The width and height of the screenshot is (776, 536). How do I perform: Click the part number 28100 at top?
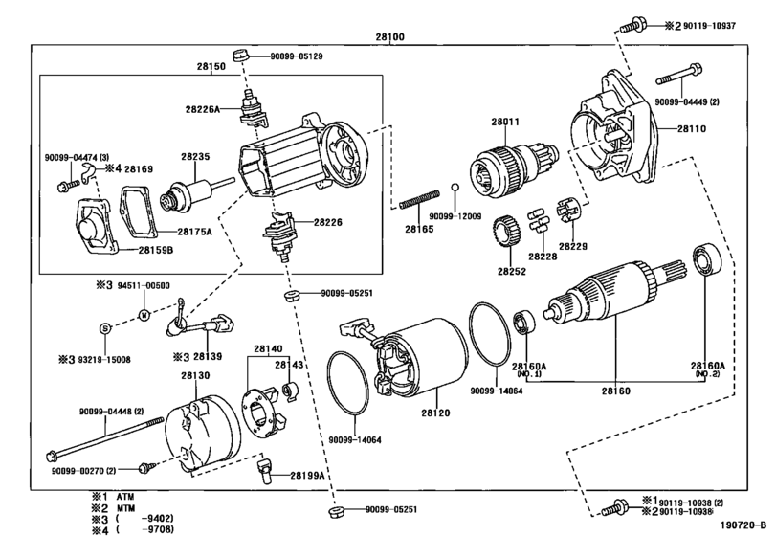point(389,36)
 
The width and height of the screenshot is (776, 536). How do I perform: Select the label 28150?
point(211,66)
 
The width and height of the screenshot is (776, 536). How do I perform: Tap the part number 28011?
point(505,122)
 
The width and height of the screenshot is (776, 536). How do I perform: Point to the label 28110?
point(692,128)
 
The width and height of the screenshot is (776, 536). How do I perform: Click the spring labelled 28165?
point(419,198)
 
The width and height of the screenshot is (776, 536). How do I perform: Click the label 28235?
point(195,156)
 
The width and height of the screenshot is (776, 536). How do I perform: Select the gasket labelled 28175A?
point(138,210)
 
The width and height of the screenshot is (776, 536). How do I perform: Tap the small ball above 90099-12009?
point(455,188)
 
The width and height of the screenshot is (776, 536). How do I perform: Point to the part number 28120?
point(436,413)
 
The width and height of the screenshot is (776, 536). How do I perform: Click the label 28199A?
point(307,476)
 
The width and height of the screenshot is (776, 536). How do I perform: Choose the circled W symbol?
point(144,315)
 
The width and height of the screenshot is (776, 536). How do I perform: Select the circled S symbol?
point(104,327)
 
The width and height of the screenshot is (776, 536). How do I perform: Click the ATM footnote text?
point(125,497)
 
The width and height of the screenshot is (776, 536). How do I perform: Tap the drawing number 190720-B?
point(745,525)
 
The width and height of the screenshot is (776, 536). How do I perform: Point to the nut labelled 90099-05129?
point(240,55)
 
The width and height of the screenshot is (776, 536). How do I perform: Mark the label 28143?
point(289,365)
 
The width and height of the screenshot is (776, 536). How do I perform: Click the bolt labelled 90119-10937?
point(633,25)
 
